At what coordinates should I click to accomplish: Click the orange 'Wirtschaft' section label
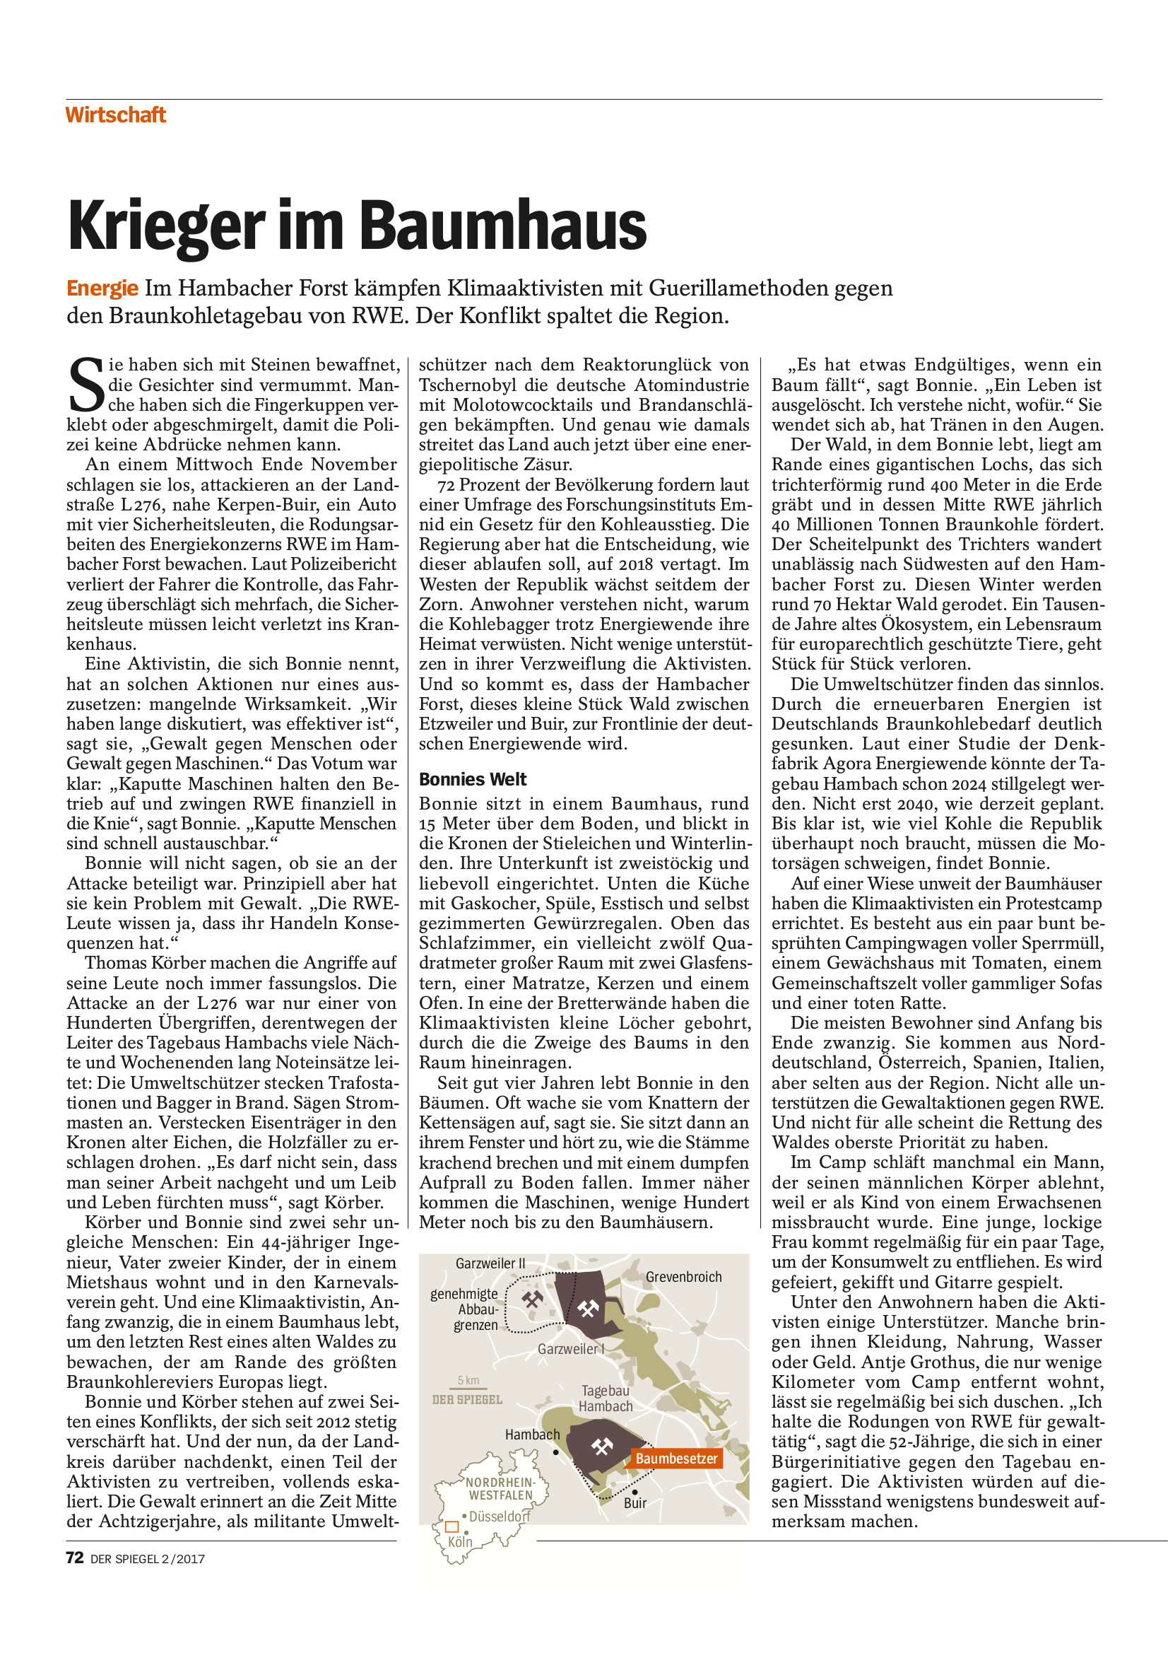[115, 115]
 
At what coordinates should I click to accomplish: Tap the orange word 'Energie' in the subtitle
[102, 288]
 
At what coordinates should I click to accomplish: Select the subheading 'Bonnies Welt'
[473, 779]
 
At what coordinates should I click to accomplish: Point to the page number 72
[74, 1558]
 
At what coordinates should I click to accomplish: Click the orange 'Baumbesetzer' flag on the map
[676, 1458]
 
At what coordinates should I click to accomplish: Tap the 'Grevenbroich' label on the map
[683, 1276]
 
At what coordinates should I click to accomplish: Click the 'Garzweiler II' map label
[490, 1263]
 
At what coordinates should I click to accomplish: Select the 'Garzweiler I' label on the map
[571, 1348]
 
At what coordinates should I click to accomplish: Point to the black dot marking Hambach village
[555, 1452]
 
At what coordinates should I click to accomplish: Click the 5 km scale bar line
[468, 1387]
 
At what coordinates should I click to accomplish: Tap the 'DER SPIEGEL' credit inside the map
[467, 1400]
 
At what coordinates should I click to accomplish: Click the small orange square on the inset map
[452, 1526]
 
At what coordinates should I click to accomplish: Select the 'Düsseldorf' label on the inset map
[499, 1517]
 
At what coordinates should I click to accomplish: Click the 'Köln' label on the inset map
[460, 1541]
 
